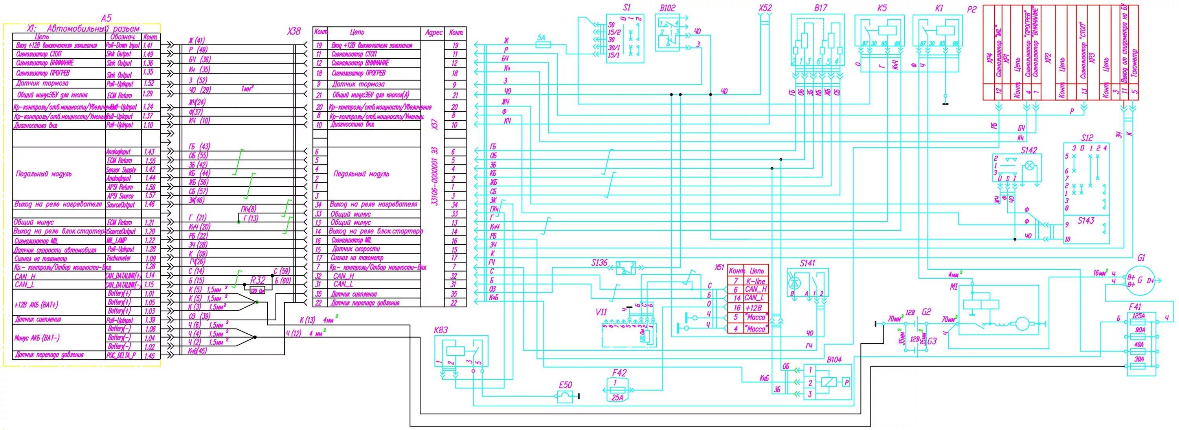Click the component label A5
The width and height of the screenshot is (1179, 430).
pyautogui.click(x=106, y=18)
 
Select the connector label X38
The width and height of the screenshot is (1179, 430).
pyautogui.click(x=294, y=31)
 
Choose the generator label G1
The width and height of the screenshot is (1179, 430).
pyautogui.click(x=1141, y=258)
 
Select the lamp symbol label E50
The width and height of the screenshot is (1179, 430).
pyautogui.click(x=565, y=385)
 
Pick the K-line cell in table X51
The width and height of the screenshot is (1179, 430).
pyautogui.click(x=755, y=281)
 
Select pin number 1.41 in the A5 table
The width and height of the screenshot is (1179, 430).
pyautogui.click(x=148, y=45)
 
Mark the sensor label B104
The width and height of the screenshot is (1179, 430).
pyautogui.click(x=834, y=360)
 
